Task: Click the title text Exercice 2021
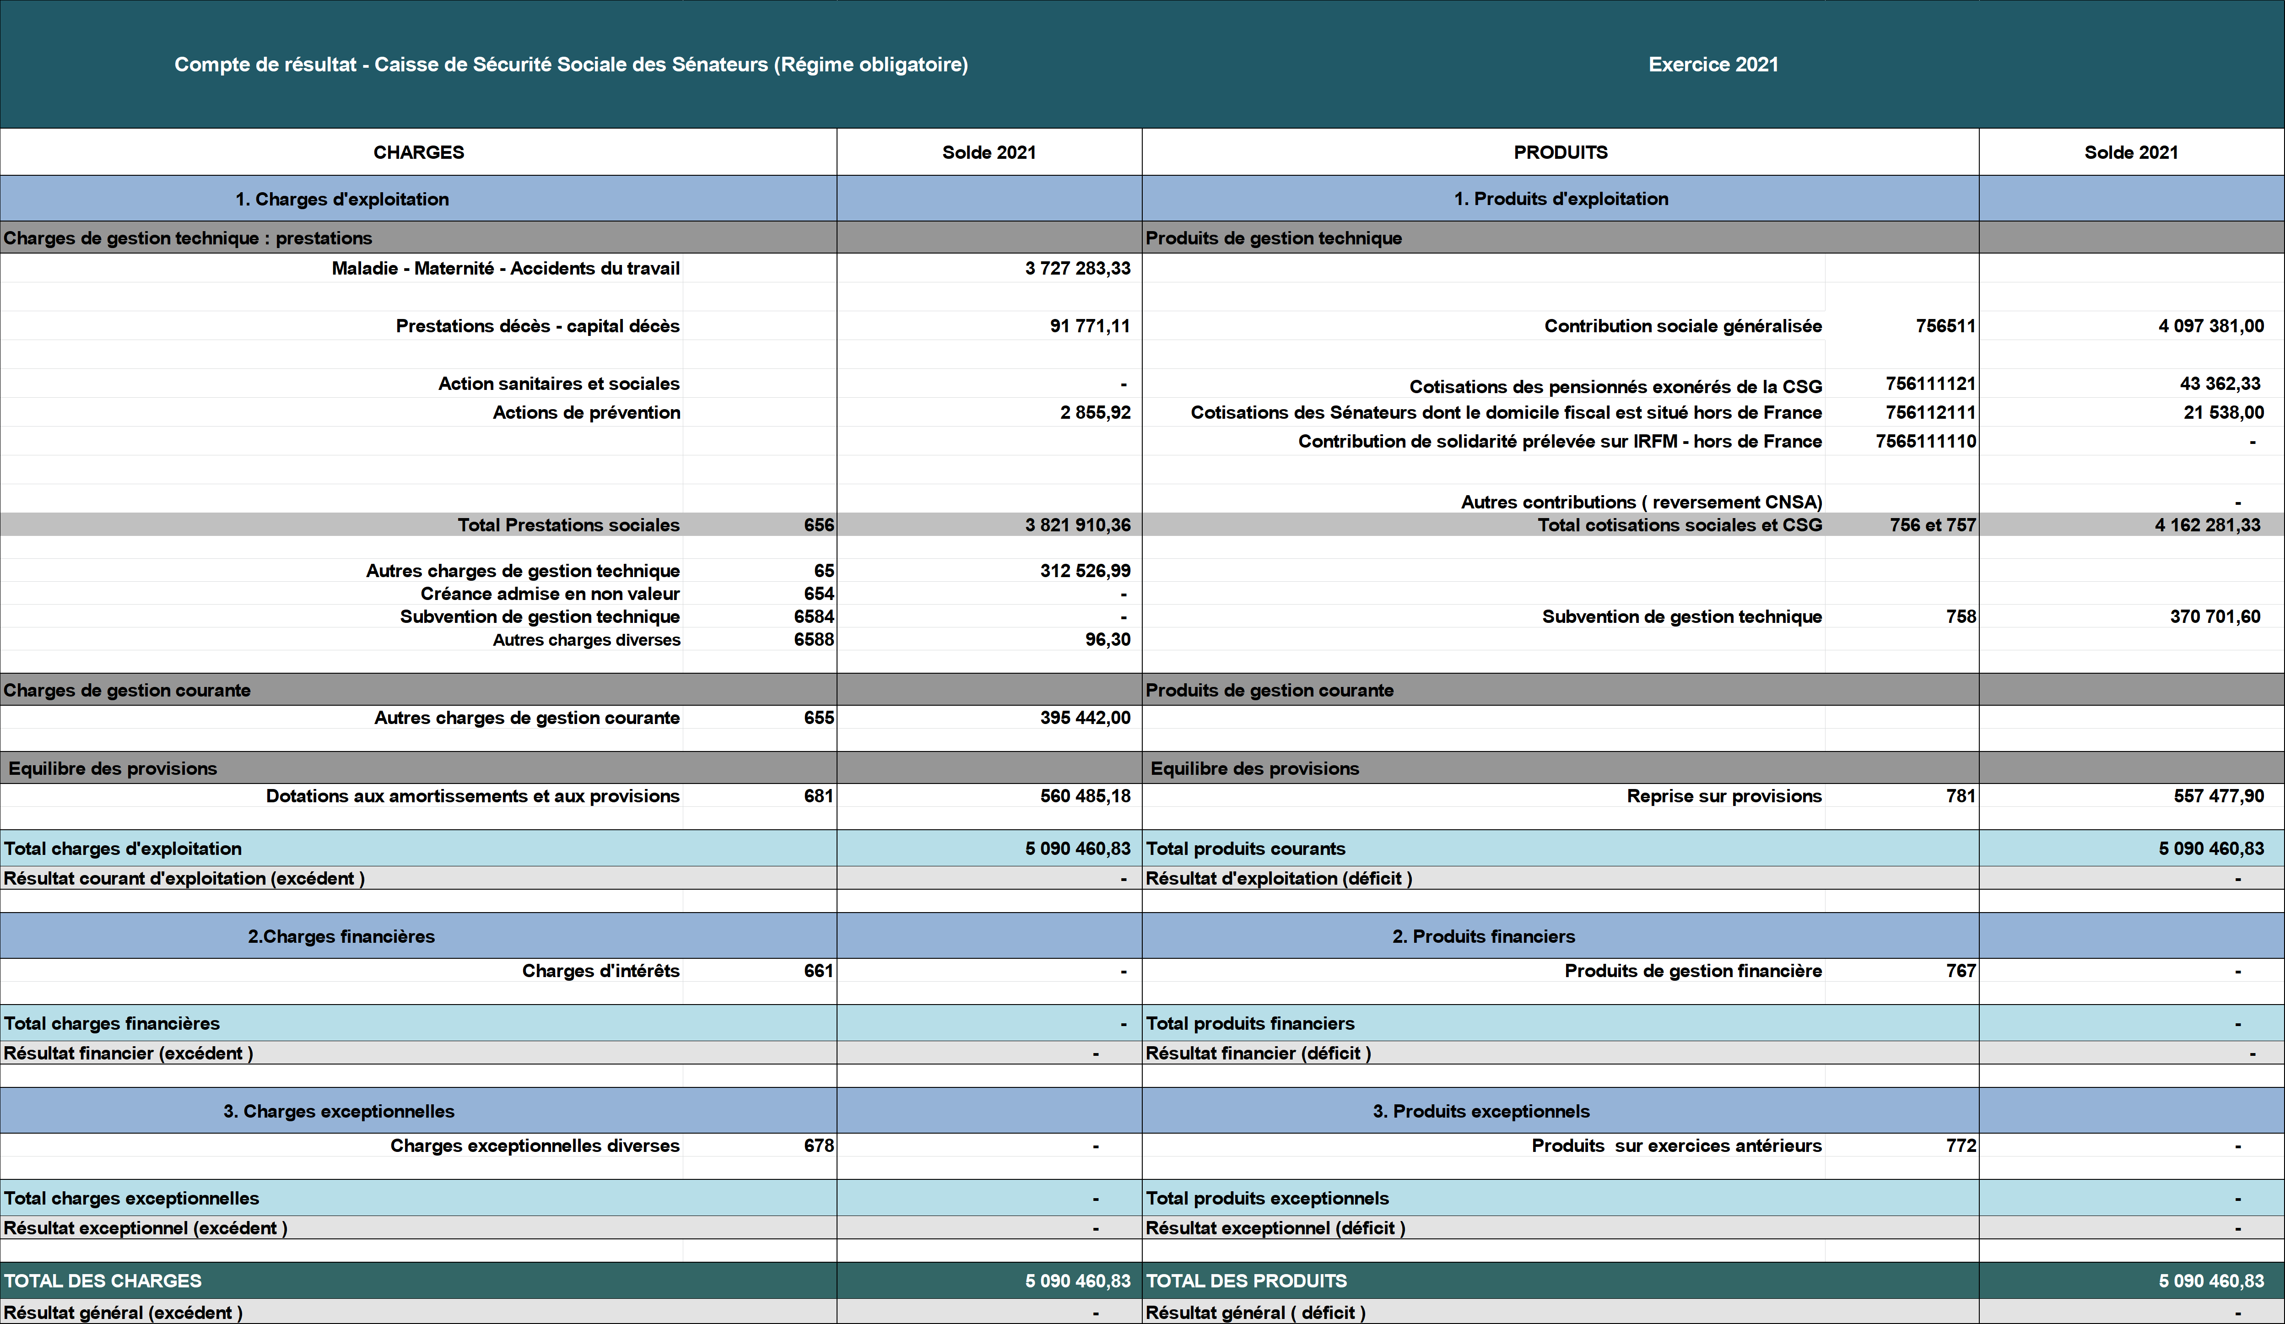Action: (1713, 65)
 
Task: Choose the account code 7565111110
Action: (1926, 442)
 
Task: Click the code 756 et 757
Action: (1932, 525)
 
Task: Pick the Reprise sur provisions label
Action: (1724, 796)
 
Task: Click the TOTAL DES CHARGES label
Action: (103, 1281)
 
